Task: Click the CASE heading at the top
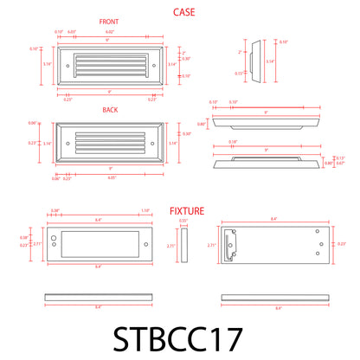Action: (x=183, y=12)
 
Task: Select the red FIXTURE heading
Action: (x=187, y=210)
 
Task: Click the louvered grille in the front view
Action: (x=106, y=64)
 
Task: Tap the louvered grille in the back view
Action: (x=106, y=142)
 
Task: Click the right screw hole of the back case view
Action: (x=154, y=142)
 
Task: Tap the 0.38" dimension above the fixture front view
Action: (x=55, y=234)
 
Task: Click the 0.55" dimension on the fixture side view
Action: (x=183, y=222)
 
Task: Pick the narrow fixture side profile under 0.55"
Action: (x=184, y=246)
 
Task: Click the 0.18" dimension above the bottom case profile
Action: (x=234, y=141)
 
